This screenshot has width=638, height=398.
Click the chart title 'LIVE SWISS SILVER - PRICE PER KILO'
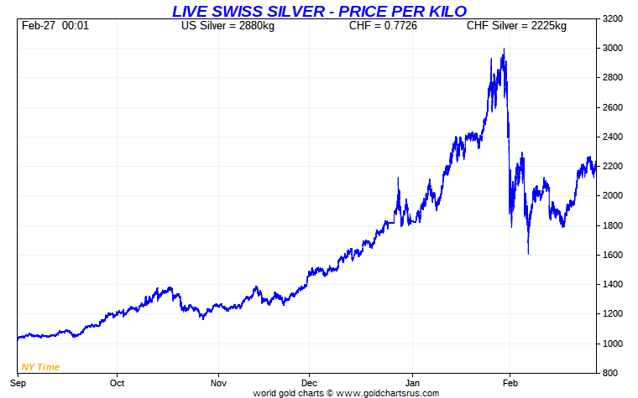point(319,11)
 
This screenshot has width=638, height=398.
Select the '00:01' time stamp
point(76,26)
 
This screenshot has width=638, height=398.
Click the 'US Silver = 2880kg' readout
point(227,26)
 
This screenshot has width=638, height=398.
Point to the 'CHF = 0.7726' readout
point(383,26)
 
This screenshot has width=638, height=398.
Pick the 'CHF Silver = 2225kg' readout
point(516,26)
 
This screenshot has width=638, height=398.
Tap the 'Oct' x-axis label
point(117,382)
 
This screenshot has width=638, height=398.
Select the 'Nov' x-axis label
point(218,382)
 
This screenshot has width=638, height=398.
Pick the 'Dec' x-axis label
point(309,382)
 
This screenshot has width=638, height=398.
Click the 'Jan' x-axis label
point(412,382)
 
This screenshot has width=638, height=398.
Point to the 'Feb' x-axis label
point(510,382)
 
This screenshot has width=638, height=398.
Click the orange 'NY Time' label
point(40,367)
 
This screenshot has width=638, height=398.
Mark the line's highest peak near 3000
point(503,49)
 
